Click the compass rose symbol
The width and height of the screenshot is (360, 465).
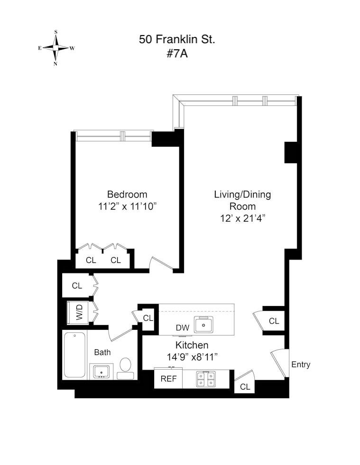coord(56,48)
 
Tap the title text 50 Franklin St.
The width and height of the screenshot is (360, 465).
coord(177,39)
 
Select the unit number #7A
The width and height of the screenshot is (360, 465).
coord(177,54)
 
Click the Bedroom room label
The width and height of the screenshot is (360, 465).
coord(127,195)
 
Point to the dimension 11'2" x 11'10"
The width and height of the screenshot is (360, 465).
coord(127,206)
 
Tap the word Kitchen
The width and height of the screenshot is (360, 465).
coord(192,345)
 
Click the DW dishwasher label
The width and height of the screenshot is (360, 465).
coord(182,328)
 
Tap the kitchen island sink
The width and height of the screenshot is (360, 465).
coord(205,324)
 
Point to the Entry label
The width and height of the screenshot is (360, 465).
coord(301,364)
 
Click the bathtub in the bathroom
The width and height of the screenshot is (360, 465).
coord(75,355)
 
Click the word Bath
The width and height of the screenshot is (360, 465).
coord(102,352)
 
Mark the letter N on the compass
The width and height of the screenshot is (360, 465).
coord(55,64)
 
